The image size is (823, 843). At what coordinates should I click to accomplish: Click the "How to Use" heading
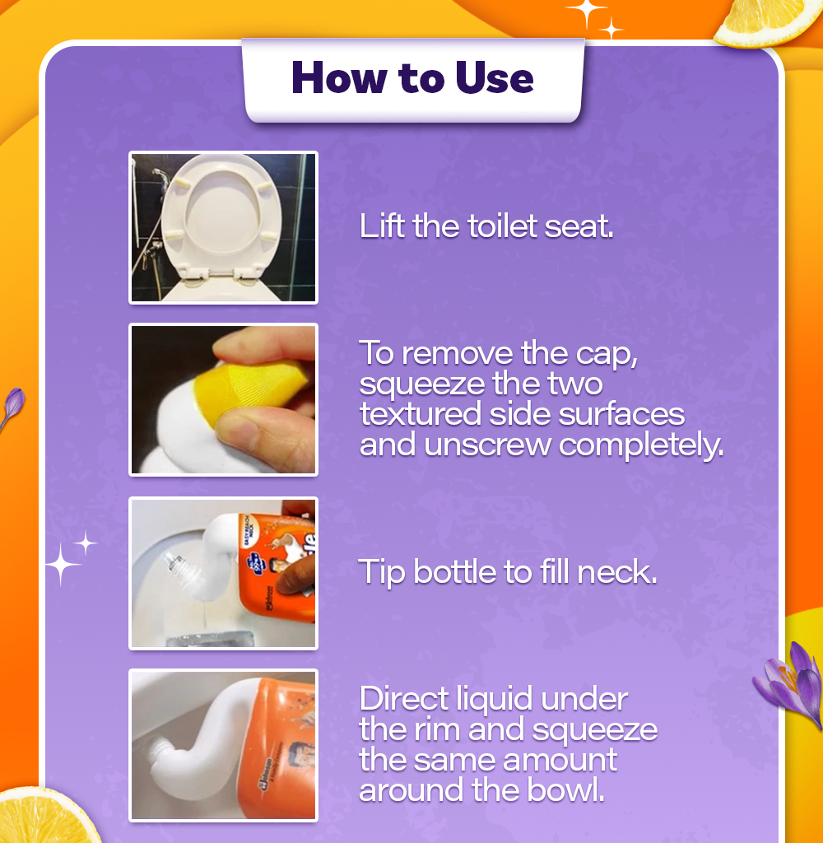[x=412, y=78]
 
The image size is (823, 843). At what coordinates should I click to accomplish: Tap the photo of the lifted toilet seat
[x=223, y=227]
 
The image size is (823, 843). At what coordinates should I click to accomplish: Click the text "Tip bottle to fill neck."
[x=508, y=572]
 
